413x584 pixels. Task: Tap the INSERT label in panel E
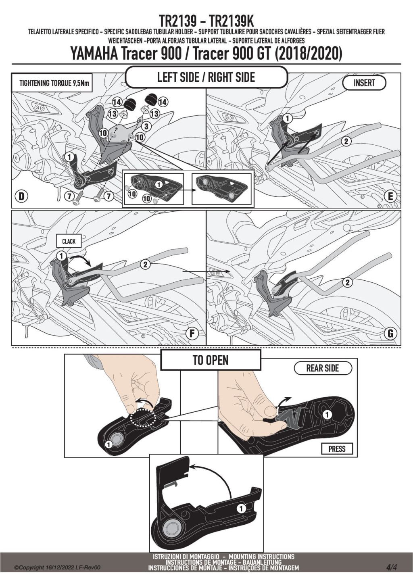[364, 83]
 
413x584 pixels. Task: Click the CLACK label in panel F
[69, 241]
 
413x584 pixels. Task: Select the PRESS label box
[337, 449]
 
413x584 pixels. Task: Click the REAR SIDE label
[323, 368]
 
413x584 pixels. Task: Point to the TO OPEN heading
[211, 360]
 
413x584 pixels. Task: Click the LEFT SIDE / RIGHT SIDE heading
[206, 77]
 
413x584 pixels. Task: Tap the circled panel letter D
[21, 196]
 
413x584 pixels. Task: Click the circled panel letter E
[390, 196]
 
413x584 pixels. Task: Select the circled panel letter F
[192, 334]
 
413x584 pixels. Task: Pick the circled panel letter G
[390, 334]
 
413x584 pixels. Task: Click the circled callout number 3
[146, 127]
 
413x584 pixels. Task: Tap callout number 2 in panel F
[145, 264]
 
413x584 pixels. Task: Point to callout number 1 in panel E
[287, 119]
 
